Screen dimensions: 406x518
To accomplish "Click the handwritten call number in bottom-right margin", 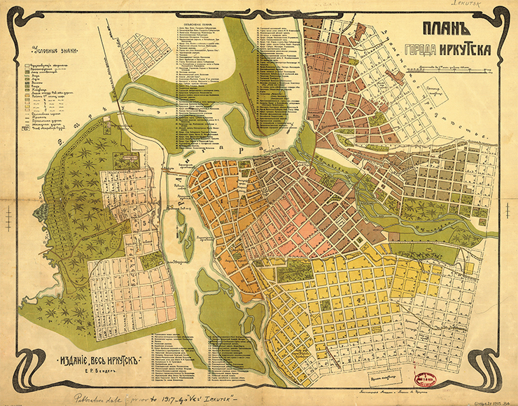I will [493, 402].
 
